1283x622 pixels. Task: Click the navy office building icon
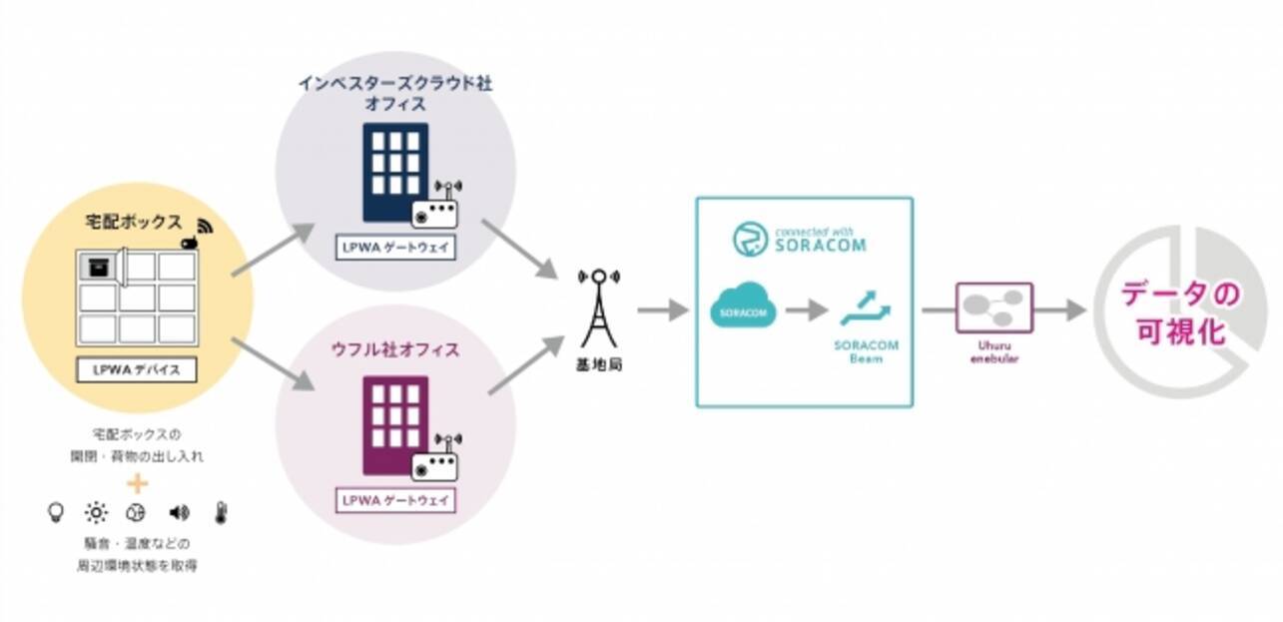(395, 171)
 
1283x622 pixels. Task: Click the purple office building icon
(395, 424)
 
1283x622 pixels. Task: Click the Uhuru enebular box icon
(993, 308)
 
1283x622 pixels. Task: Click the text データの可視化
(1178, 312)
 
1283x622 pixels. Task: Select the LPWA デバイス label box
(137, 369)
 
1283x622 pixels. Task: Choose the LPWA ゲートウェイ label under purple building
(396, 498)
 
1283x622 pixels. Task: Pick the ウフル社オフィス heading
(396, 349)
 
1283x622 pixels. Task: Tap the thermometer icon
(221, 512)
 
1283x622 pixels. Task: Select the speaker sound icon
(180, 512)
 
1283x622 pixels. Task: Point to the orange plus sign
(138, 483)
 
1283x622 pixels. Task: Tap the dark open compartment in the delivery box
(97, 267)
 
